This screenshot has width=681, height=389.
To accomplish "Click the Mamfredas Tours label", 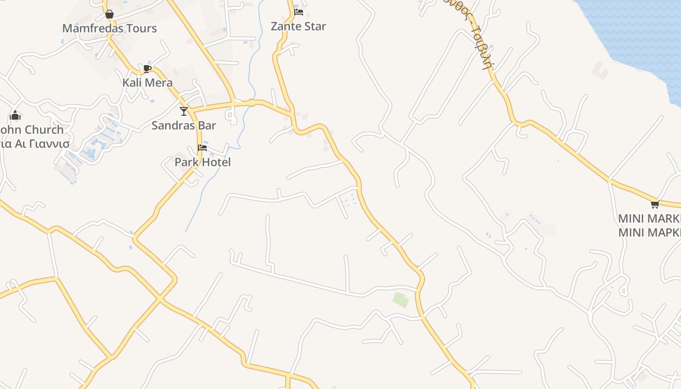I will pyautogui.click(x=109, y=28).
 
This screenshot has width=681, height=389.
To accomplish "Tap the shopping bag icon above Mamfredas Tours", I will pyautogui.click(x=109, y=14).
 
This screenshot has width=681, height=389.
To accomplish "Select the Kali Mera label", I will pyautogui.click(x=147, y=82).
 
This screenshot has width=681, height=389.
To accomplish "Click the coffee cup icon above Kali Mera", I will pyautogui.click(x=147, y=69).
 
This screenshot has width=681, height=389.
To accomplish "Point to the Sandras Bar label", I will pyautogui.click(x=183, y=125).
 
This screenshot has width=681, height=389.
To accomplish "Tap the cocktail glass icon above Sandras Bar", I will pyautogui.click(x=183, y=111).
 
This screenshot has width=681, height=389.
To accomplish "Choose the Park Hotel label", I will pyautogui.click(x=202, y=162).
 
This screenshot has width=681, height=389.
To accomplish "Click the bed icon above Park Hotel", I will pyautogui.click(x=202, y=148).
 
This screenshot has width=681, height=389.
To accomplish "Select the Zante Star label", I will pyautogui.click(x=298, y=26).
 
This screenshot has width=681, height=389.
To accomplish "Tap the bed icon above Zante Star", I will pyautogui.click(x=299, y=12).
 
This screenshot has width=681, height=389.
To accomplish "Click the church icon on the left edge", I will pyautogui.click(x=15, y=116).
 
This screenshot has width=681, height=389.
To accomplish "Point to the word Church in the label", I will pyautogui.click(x=44, y=130).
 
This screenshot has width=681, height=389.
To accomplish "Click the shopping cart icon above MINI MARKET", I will pyautogui.click(x=655, y=204).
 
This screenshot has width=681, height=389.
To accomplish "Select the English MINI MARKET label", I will pyautogui.click(x=649, y=218).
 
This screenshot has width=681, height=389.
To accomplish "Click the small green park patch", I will pyautogui.click(x=401, y=300).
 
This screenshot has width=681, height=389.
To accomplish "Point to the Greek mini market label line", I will pyautogui.click(x=649, y=232).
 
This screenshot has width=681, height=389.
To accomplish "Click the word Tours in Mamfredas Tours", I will pyautogui.click(x=140, y=28).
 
